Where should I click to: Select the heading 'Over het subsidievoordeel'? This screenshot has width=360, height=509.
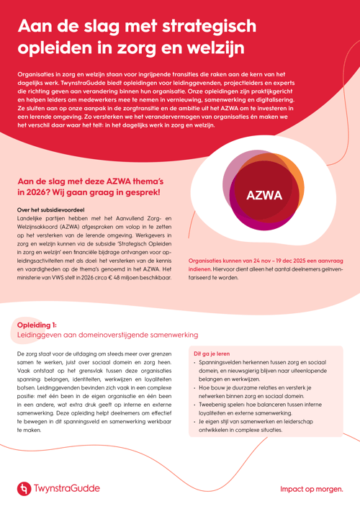coord(48,210)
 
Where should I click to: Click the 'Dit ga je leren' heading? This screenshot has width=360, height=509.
coord(212,354)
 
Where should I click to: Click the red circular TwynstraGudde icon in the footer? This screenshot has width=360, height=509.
coord(24,489)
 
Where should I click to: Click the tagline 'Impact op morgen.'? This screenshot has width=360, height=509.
coord(311,490)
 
